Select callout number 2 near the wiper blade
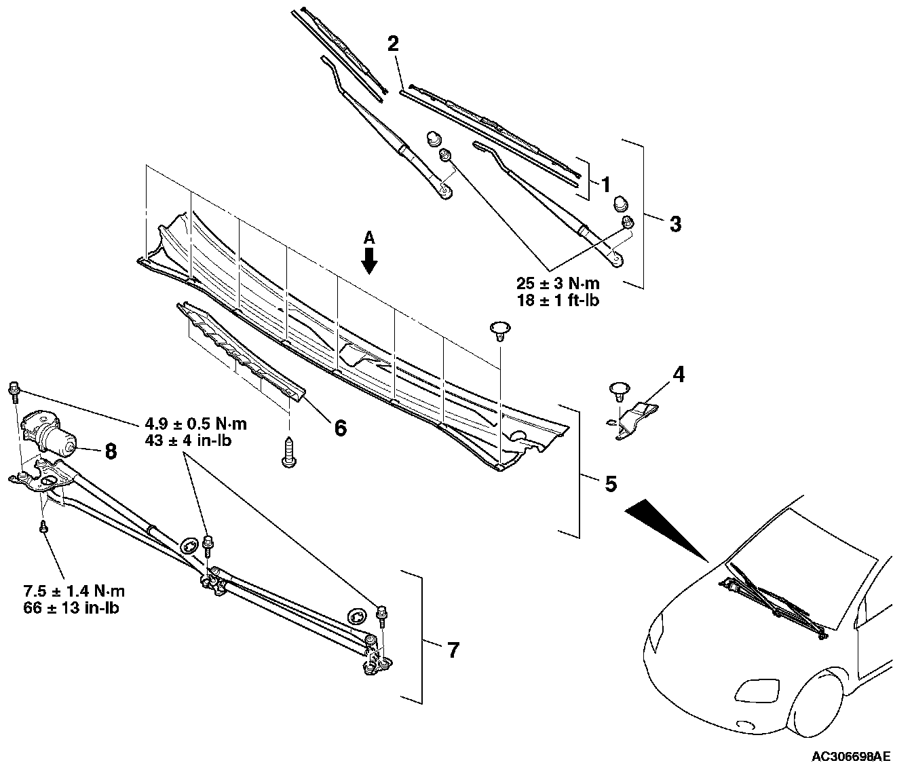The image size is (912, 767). [x=394, y=44]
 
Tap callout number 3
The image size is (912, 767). [x=674, y=224]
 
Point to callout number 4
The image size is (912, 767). [x=678, y=374]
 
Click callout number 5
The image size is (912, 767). [x=610, y=483]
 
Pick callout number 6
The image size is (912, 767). [x=339, y=428]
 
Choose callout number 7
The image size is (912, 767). [x=453, y=650]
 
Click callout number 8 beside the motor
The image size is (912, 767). [x=111, y=451]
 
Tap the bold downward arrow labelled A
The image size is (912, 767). [x=369, y=260]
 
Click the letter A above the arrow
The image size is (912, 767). [x=369, y=237]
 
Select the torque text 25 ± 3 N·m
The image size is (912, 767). [x=558, y=284]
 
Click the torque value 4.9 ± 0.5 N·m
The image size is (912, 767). [x=196, y=424]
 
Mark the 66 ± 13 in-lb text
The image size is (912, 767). [x=71, y=607]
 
